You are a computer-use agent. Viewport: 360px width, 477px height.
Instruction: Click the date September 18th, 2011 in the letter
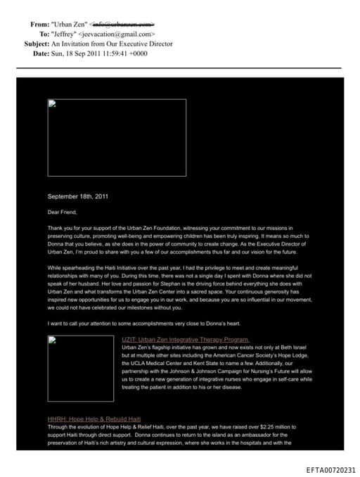coord(77,196)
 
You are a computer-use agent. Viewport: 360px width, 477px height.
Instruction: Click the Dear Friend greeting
coord(62,212)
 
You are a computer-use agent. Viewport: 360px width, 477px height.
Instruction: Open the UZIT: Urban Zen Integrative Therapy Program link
coord(185,340)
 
